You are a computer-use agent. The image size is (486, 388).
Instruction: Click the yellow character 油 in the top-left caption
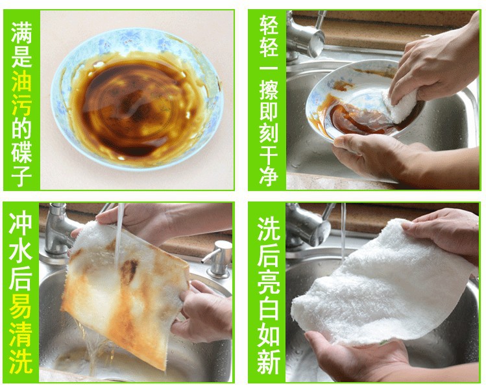click(21, 81)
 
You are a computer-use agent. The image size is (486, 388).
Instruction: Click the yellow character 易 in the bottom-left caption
click(21, 313)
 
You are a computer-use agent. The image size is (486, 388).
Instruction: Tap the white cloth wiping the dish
click(400, 105)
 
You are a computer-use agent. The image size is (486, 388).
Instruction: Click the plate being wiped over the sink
click(356, 99)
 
